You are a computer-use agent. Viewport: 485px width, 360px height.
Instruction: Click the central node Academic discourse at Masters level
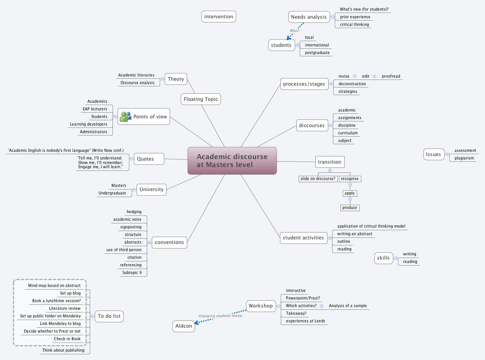point(232,161)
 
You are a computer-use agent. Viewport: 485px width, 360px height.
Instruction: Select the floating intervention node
point(218,17)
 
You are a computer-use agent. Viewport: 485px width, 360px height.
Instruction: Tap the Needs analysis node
point(308,17)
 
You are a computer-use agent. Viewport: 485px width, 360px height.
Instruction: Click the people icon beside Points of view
point(125,116)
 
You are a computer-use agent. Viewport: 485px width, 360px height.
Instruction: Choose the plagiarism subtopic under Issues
point(464,158)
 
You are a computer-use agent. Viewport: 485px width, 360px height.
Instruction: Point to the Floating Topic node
point(200,99)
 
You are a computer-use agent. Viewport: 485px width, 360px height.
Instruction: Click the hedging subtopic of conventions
point(134,212)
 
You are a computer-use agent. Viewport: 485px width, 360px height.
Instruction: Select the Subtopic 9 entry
point(132,272)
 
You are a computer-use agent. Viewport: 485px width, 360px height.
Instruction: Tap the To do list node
point(109,316)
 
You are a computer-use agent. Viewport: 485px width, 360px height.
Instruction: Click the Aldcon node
point(184,326)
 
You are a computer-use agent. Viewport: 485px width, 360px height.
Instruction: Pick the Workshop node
point(261,306)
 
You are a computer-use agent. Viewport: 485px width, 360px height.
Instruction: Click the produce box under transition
point(350,207)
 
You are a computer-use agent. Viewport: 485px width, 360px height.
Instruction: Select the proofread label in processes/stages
point(391,76)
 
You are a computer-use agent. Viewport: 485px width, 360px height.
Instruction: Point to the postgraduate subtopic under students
point(317,53)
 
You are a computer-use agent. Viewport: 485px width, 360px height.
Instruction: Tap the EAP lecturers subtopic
point(95,109)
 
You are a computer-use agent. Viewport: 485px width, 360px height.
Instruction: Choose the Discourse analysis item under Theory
point(137,83)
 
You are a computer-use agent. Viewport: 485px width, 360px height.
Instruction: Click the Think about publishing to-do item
point(63,350)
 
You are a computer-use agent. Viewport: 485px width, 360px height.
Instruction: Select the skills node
point(383,258)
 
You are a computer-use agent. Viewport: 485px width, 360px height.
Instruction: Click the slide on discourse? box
point(318,178)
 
